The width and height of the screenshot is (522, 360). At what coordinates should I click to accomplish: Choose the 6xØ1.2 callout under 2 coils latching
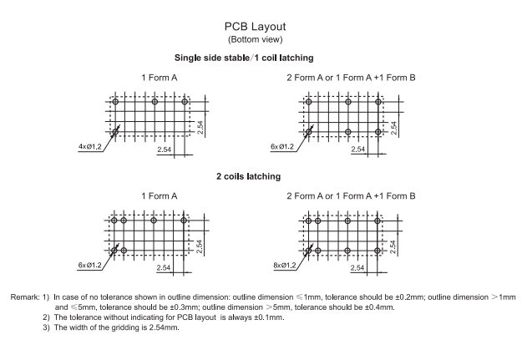[90, 266]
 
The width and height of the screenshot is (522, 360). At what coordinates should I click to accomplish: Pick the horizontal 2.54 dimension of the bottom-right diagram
[361, 267]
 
